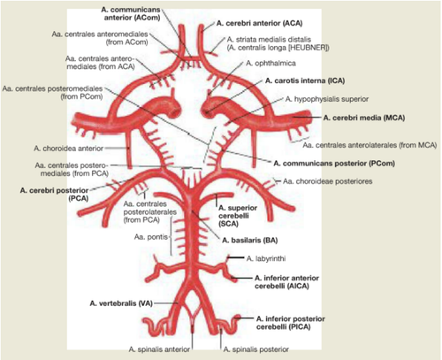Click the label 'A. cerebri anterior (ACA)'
click(x=259, y=23)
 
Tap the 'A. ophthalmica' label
click(x=271, y=63)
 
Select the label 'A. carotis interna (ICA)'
click(x=305, y=80)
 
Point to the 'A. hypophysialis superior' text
click(x=327, y=99)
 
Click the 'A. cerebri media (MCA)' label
click(x=364, y=118)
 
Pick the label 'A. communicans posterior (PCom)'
click(x=334, y=163)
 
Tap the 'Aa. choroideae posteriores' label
click(x=327, y=181)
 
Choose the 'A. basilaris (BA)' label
click(x=250, y=241)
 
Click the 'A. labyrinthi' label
click(x=266, y=258)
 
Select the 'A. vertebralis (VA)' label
click(x=121, y=303)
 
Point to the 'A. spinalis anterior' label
click(x=159, y=349)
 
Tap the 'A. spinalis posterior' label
click(x=256, y=349)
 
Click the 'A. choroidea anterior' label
click(x=69, y=149)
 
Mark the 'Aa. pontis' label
click(x=151, y=236)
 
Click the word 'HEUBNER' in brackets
click(x=309, y=48)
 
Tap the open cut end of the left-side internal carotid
click(x=176, y=111)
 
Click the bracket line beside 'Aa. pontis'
click(x=171, y=236)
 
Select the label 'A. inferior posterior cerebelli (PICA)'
click(x=291, y=323)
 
